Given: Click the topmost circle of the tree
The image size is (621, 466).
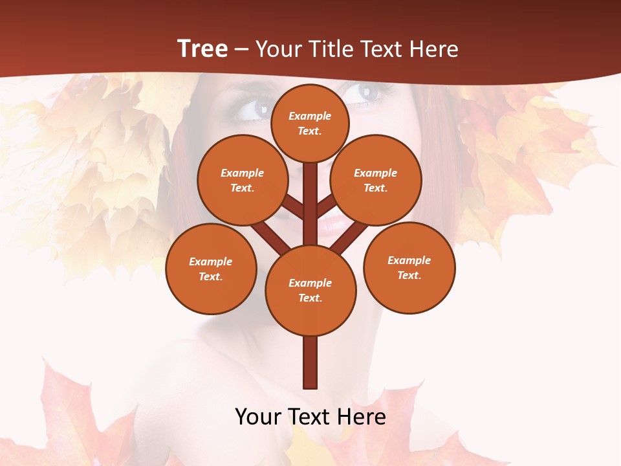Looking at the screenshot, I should pos(310,123).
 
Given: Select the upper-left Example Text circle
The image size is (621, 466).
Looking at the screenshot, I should pos(242,181).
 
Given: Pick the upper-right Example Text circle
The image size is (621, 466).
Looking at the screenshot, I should pos(375,181).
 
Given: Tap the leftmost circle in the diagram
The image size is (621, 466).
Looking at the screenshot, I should pos(211,269).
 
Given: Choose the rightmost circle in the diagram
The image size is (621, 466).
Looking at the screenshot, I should pos(409,267).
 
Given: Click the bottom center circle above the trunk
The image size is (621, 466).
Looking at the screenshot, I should pos(310,291).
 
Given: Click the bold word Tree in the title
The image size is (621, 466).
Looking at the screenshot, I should pos(202,49).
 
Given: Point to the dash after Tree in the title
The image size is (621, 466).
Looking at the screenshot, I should pos(242,50).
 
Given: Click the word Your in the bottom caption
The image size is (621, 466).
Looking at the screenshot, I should pos(257,416).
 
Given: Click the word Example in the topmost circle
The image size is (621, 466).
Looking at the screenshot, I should pos(310,116).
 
